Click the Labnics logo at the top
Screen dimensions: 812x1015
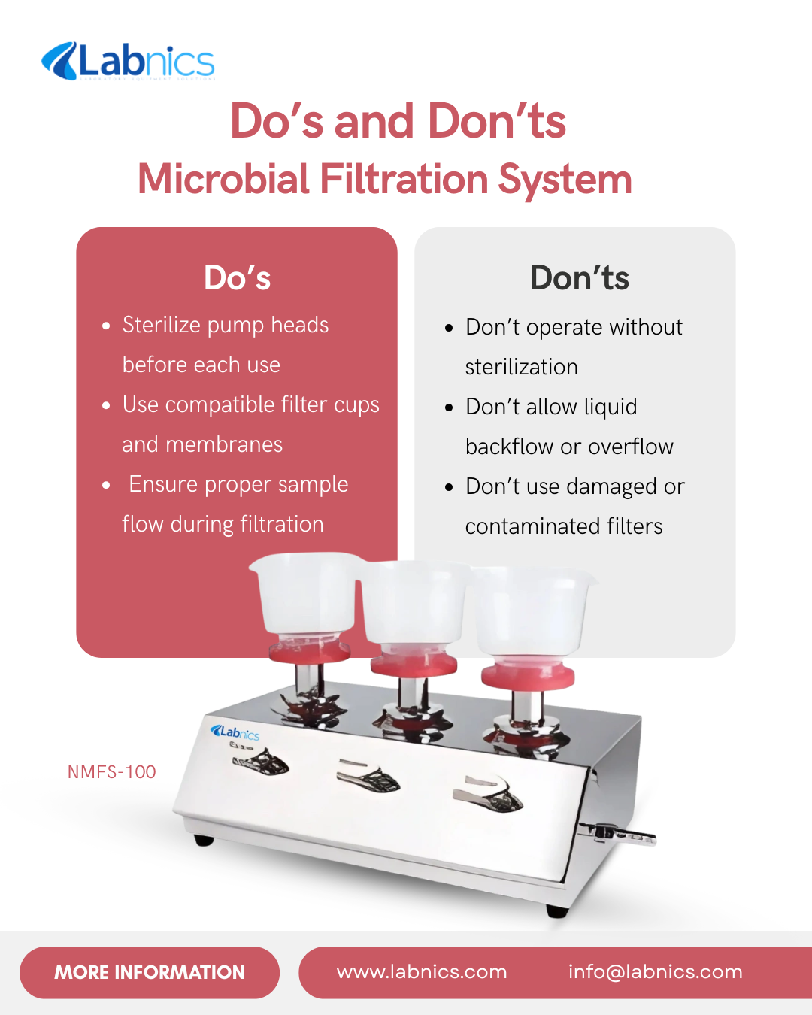point(129,62)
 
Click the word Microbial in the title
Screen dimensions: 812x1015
point(223,179)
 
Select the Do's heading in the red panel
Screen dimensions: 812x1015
point(238,277)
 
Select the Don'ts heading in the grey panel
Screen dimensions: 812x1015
point(580,277)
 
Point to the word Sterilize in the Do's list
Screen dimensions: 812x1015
point(162,325)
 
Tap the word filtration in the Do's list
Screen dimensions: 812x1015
point(282,524)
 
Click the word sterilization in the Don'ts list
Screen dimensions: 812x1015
point(521,367)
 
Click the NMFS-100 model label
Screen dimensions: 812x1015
point(112,772)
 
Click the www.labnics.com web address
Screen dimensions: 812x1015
point(422,972)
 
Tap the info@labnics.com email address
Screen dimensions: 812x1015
point(656,972)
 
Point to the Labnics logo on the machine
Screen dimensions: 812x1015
point(235,732)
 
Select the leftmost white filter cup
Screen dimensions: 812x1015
point(306,593)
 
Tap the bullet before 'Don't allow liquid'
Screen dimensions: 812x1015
point(449,408)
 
